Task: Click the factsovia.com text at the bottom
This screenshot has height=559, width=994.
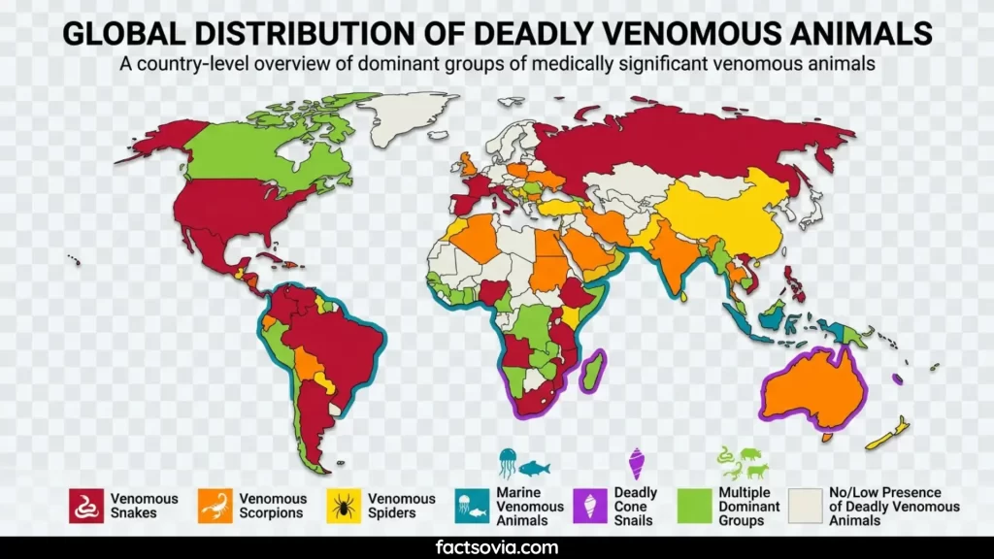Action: (x=497, y=547)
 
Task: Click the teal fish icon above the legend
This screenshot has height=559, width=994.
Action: (x=534, y=468)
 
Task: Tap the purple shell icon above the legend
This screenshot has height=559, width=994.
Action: (x=637, y=462)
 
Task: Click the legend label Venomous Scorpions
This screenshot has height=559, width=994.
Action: (x=272, y=506)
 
